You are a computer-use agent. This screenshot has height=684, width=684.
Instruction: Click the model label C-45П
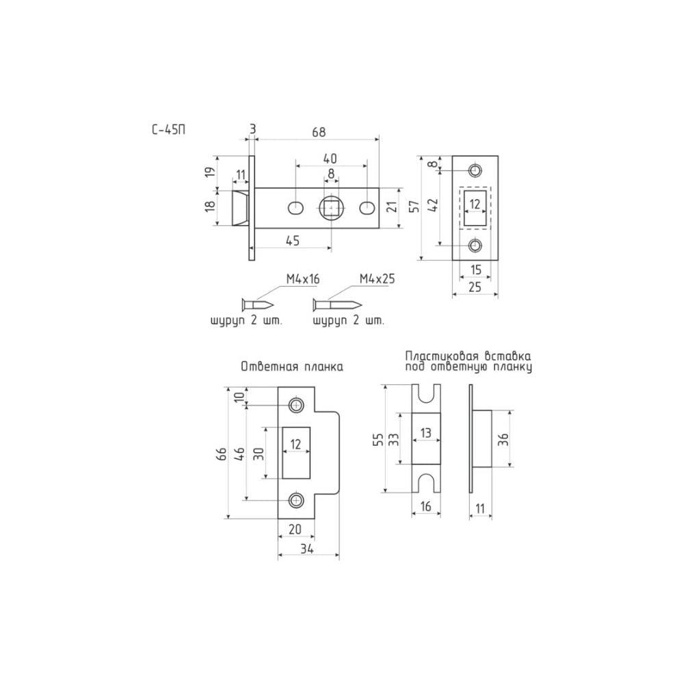point(168,130)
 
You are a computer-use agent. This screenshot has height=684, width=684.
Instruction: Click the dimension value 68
point(319,132)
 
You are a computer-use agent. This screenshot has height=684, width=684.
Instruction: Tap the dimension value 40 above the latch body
point(330,159)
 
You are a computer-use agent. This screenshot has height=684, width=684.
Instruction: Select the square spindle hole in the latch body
point(332,209)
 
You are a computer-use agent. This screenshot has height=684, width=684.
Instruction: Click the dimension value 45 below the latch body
point(293,240)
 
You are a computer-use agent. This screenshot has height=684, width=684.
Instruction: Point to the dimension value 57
point(415,206)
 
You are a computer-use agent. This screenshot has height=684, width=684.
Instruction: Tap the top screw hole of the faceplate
point(475,170)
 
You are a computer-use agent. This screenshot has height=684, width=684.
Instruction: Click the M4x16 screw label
point(303,279)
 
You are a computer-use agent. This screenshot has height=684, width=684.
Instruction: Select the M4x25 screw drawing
point(337,304)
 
